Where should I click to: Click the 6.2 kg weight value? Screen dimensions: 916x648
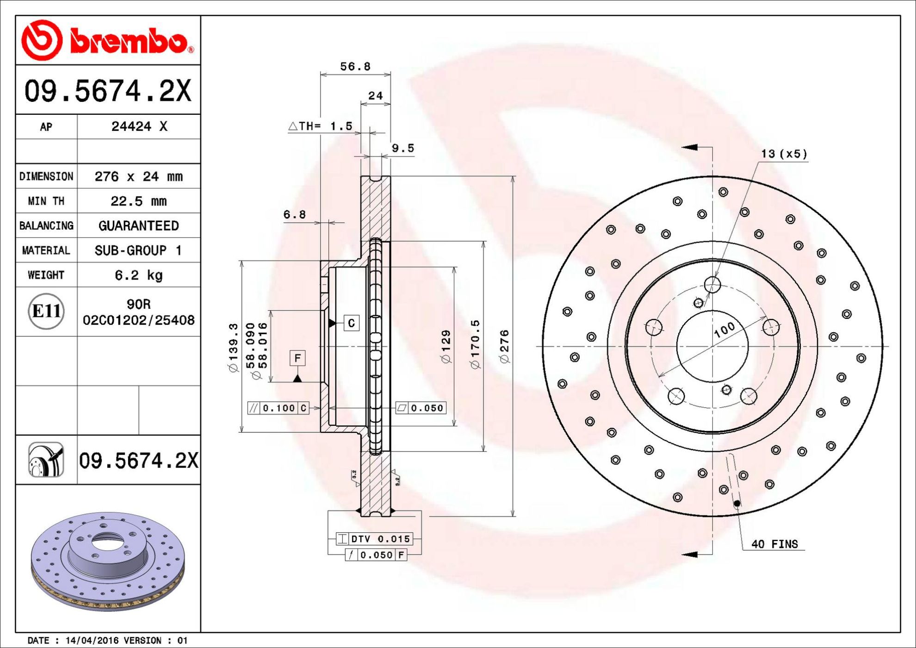[139, 275]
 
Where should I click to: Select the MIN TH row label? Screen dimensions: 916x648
[46, 201]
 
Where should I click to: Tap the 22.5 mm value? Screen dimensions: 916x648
[139, 201]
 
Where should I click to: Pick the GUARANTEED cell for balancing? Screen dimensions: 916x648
[139, 226]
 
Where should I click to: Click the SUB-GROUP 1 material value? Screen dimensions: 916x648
[138, 250]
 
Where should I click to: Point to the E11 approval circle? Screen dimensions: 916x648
[46, 311]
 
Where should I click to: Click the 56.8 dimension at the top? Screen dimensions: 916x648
[355, 67]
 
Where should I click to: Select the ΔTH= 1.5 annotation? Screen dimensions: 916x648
[320, 126]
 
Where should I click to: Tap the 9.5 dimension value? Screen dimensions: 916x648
[403, 148]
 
